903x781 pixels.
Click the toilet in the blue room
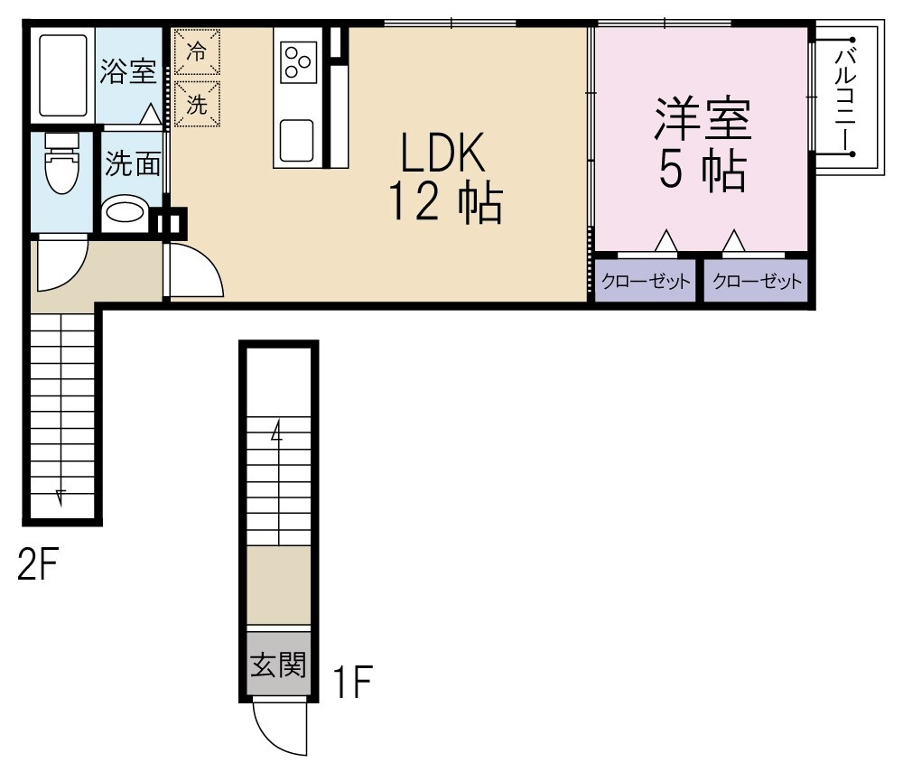pos(61,163)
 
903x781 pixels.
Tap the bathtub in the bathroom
pos(63,76)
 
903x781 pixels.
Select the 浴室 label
pos(128,70)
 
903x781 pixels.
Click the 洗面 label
pos(133,164)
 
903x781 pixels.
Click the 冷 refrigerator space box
pos(197,51)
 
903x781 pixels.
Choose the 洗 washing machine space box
pos(197,104)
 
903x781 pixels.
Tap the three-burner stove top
pos(299,61)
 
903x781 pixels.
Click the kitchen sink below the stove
pos(296,141)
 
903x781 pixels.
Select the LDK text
pos(442,152)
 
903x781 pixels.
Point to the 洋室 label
pos(703,120)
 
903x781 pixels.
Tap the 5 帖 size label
pos(703,171)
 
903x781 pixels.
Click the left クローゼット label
pos(646,281)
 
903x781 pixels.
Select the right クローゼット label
pos(757,281)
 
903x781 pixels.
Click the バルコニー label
pos(846,97)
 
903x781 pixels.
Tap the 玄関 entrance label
pos(278,665)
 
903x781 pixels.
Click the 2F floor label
pos(38,564)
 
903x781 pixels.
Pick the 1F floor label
pos(354,682)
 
